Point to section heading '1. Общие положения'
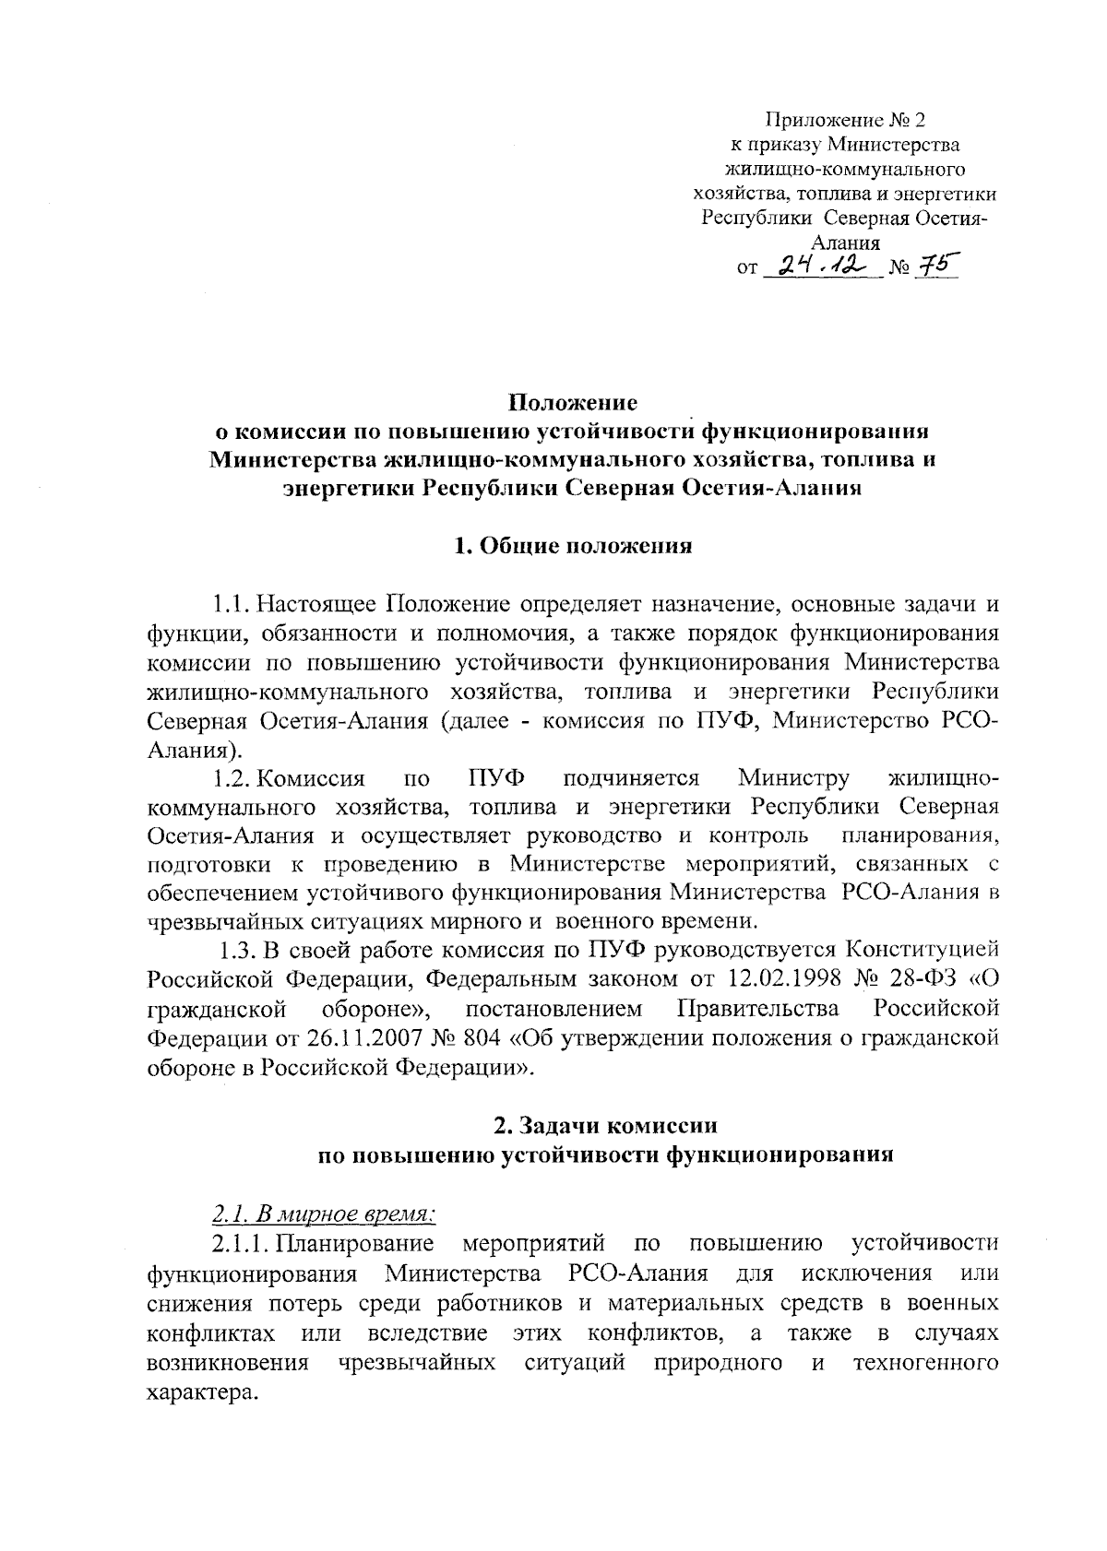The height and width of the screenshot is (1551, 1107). pyautogui.click(x=573, y=546)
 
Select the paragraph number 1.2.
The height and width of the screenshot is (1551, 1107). pyautogui.click(x=231, y=779)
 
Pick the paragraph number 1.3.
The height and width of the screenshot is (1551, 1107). pyautogui.click(x=238, y=951)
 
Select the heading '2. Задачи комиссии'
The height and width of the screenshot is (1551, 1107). pyautogui.click(x=605, y=1126)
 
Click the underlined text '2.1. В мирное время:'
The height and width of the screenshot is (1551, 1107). pyautogui.click(x=322, y=1214)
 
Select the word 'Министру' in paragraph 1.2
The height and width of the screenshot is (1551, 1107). pyautogui.click(x=793, y=779)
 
